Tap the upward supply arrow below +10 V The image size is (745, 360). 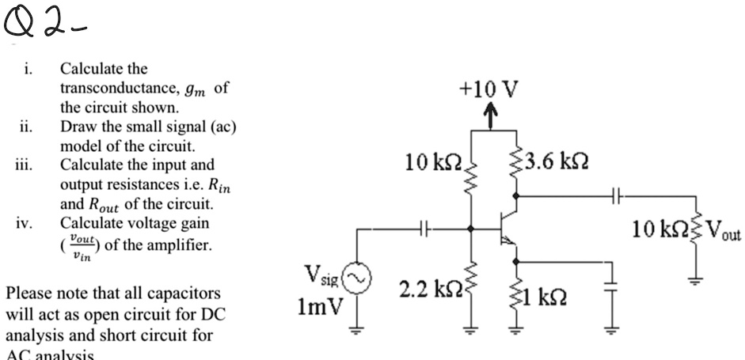488,117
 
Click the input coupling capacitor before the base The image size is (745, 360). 424,229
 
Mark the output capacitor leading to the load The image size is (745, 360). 619,191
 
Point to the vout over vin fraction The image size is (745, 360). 80,244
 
